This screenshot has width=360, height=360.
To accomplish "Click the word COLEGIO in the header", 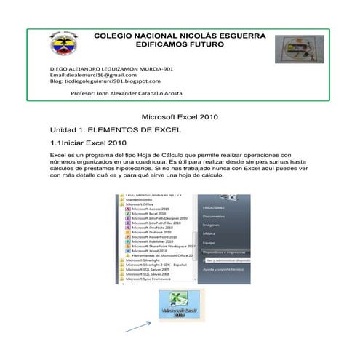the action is [x=116, y=36].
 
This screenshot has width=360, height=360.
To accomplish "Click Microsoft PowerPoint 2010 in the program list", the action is [x=153, y=236].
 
